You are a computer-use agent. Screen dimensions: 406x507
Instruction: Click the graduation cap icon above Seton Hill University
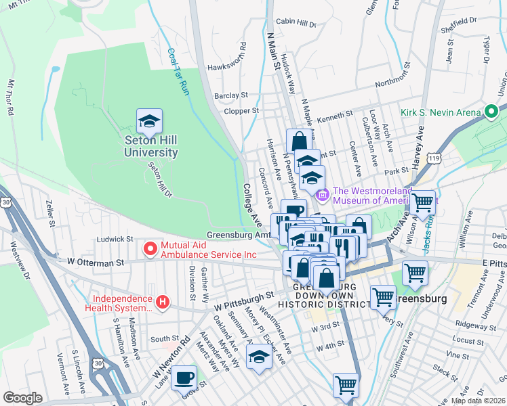coord(149,122)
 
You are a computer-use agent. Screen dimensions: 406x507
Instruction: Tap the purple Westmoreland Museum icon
coord(321,196)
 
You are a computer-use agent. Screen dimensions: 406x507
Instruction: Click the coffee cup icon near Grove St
coord(183,377)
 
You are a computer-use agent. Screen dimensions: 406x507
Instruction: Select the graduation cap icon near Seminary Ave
coord(259,356)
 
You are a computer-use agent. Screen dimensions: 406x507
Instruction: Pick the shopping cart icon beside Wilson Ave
coord(423,202)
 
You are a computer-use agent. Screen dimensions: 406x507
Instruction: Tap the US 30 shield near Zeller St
coord(5,202)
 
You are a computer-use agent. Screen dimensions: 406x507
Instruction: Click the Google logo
coord(22,398)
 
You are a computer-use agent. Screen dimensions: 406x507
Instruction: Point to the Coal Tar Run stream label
coord(178,71)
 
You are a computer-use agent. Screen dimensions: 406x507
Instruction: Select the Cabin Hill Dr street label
coord(296,24)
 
